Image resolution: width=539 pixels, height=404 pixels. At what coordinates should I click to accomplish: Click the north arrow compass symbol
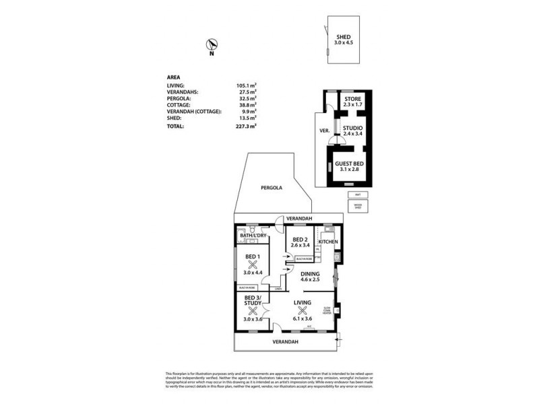[212, 46]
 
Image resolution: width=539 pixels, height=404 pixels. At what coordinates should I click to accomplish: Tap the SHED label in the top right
[342, 38]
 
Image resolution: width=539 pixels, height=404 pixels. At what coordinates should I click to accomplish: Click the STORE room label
[353, 100]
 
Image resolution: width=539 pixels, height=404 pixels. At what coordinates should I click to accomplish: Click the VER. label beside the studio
[323, 131]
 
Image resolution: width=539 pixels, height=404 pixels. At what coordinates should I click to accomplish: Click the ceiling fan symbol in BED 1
[253, 265]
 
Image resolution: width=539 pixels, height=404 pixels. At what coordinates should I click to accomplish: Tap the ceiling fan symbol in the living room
[303, 310]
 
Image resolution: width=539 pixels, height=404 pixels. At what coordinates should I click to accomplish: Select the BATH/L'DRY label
[253, 234]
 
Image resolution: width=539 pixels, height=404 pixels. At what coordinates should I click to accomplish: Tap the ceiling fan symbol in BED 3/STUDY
[253, 310]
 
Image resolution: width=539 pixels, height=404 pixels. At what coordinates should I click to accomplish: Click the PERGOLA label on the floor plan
[273, 188]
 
